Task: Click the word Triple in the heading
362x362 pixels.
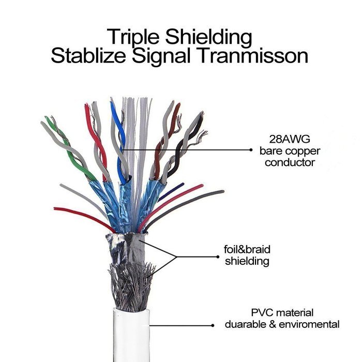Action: (x=133, y=37)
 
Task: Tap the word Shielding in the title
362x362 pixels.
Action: (x=208, y=37)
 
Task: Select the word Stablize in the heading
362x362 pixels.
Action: (x=88, y=56)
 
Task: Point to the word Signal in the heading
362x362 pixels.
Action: (x=161, y=57)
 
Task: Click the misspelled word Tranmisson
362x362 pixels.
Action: (x=253, y=56)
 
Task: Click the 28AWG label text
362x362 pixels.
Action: (x=290, y=139)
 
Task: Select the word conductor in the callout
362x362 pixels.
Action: (x=290, y=162)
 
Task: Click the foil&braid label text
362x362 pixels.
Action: (x=247, y=250)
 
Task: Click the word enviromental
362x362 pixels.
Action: (x=309, y=324)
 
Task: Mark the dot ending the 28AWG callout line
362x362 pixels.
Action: (x=251, y=150)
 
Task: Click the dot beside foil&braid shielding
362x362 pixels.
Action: (x=218, y=257)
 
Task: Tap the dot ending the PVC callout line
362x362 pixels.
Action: (x=213, y=325)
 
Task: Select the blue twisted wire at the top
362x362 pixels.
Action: (x=119, y=143)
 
